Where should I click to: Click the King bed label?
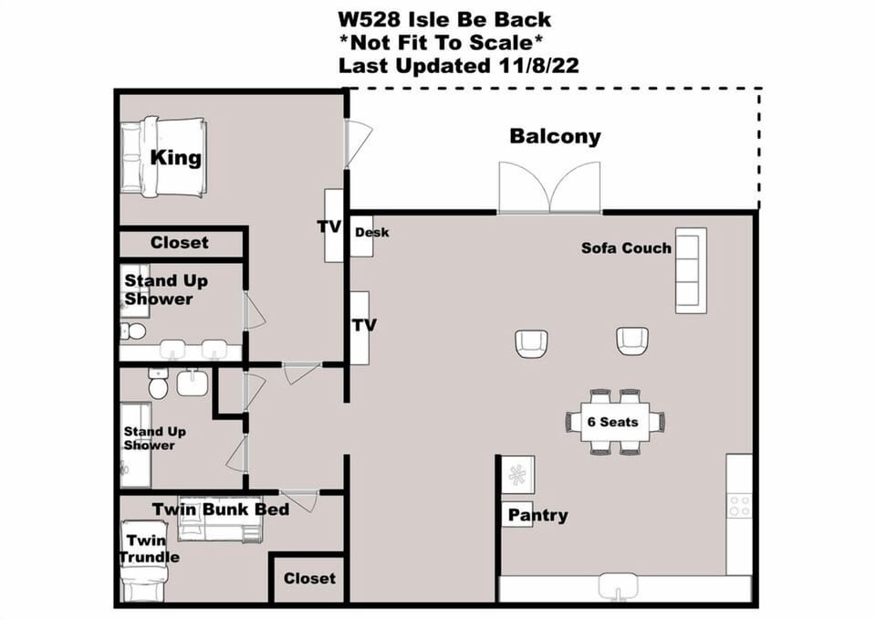point(175,157)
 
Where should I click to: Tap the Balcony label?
point(555,137)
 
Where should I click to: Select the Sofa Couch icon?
point(691,270)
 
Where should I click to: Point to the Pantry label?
point(537,515)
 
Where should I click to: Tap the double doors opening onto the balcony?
point(549,189)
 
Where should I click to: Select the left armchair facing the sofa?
point(531,342)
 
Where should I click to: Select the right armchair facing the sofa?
point(631,341)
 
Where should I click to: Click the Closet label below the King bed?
point(180,243)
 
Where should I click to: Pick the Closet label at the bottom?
point(309,578)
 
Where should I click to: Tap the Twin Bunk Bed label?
point(220,509)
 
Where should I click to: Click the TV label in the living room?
point(363,325)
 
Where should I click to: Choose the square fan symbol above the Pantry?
point(517,475)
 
